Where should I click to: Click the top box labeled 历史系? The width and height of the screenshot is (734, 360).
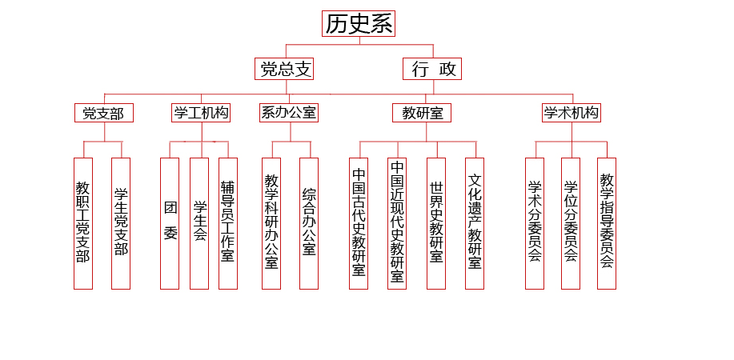pos(359,23)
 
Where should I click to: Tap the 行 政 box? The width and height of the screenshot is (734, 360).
pos(432,69)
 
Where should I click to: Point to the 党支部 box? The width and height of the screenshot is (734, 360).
pos(104,113)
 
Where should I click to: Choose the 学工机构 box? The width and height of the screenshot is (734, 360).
pos(201,113)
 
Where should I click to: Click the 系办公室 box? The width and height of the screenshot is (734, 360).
pos(289,113)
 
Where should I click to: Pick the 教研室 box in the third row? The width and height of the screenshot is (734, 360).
pos(422,113)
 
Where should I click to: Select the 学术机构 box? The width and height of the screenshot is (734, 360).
pos(572,113)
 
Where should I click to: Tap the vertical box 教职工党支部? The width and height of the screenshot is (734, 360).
pos(83,223)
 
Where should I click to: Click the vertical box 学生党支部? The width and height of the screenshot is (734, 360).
pos(121,223)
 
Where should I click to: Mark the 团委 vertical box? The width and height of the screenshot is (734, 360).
pos(170,223)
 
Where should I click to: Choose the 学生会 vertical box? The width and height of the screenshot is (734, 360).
pos(199,223)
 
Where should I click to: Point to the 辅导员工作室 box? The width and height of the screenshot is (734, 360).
pos(228,223)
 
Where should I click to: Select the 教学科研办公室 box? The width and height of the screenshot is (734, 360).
pos(271,223)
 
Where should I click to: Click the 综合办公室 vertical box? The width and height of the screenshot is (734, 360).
pos(309,223)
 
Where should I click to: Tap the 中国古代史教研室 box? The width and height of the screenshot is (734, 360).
pos(359,223)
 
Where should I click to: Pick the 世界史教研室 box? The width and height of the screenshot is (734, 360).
pos(436,223)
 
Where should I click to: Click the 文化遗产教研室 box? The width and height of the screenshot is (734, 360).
pos(475,223)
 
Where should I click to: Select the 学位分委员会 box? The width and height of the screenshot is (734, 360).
pos(571,223)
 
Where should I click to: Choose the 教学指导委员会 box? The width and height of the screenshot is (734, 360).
pos(607,223)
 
